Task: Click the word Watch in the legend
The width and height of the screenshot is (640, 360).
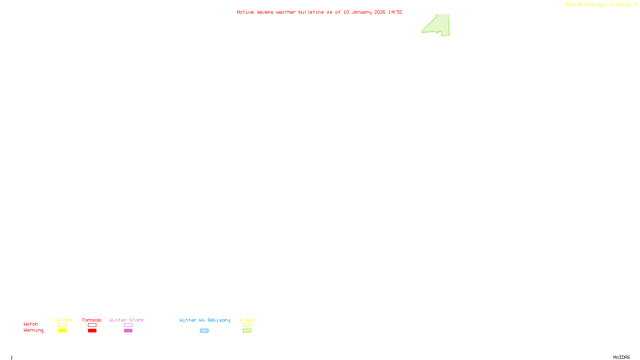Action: tap(31, 324)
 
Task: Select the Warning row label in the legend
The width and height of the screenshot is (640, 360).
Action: tap(33, 330)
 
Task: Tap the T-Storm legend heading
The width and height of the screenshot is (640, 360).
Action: tap(62, 320)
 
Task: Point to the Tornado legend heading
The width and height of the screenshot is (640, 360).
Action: tap(92, 320)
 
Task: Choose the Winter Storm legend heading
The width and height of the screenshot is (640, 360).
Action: tap(126, 320)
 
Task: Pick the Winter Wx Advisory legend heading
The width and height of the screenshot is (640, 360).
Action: tap(205, 320)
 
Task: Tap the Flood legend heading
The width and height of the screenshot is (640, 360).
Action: tap(247, 320)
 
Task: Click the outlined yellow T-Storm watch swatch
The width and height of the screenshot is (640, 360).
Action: tap(62, 325)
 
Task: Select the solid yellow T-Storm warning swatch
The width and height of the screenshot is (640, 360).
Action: tap(62, 331)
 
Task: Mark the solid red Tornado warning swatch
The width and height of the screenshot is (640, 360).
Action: tap(92, 331)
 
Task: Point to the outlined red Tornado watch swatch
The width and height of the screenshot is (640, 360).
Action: tap(92, 325)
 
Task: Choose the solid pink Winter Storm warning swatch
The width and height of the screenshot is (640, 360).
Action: tap(128, 331)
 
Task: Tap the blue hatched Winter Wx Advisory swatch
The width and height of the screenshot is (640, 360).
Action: tap(204, 331)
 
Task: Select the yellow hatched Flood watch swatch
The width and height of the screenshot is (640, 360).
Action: tap(247, 325)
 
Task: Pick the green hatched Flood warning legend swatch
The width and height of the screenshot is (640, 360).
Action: tap(247, 331)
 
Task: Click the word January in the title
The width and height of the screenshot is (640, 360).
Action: tap(362, 12)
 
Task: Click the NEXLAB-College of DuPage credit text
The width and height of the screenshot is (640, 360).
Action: tap(599, 5)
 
